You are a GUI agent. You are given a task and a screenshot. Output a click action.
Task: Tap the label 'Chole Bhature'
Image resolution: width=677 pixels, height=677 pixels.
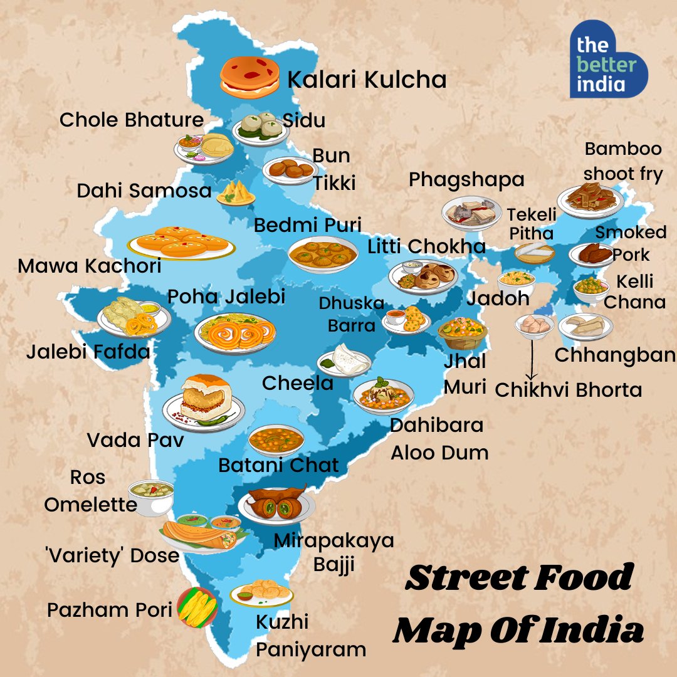coord(132,120)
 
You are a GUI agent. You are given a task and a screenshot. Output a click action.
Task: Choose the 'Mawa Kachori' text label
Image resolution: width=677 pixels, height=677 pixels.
coord(89,266)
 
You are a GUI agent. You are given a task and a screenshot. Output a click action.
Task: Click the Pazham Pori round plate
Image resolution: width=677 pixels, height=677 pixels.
coord(197,607)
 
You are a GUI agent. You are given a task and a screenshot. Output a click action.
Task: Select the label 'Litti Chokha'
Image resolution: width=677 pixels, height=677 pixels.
coord(427,246)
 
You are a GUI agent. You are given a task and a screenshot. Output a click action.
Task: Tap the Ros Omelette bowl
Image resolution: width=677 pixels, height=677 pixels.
coord(151,496)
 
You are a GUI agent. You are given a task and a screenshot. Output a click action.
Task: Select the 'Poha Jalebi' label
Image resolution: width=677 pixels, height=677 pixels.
coord(226,297)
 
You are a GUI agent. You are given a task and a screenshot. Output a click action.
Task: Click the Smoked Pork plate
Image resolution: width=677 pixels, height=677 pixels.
coord(590,255)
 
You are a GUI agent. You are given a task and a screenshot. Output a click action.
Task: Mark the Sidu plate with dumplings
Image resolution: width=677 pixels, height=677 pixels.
coord(260,128)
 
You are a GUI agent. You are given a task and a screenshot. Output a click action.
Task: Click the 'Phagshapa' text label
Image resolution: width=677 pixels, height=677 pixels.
coord(466,179)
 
